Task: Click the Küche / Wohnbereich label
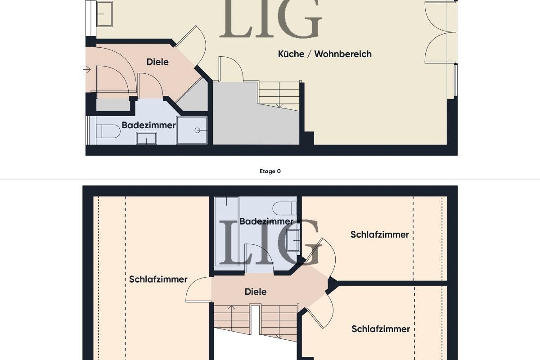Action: [x=324, y=54]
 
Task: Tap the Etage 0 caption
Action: [x=270, y=171]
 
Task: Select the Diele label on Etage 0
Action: [x=157, y=62]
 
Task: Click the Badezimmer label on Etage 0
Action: [x=148, y=125]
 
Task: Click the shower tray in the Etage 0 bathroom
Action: [x=192, y=130]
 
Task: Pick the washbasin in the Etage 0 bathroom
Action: [x=146, y=139]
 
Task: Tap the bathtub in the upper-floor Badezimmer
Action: [x=226, y=232]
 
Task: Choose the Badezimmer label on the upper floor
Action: [x=266, y=221]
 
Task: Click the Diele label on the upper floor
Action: [x=256, y=292]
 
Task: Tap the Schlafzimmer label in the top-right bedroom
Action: [x=379, y=234]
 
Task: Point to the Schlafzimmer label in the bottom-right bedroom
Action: [x=381, y=329]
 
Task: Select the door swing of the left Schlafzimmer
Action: [x=198, y=290]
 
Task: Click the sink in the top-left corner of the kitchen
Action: [x=104, y=13]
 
